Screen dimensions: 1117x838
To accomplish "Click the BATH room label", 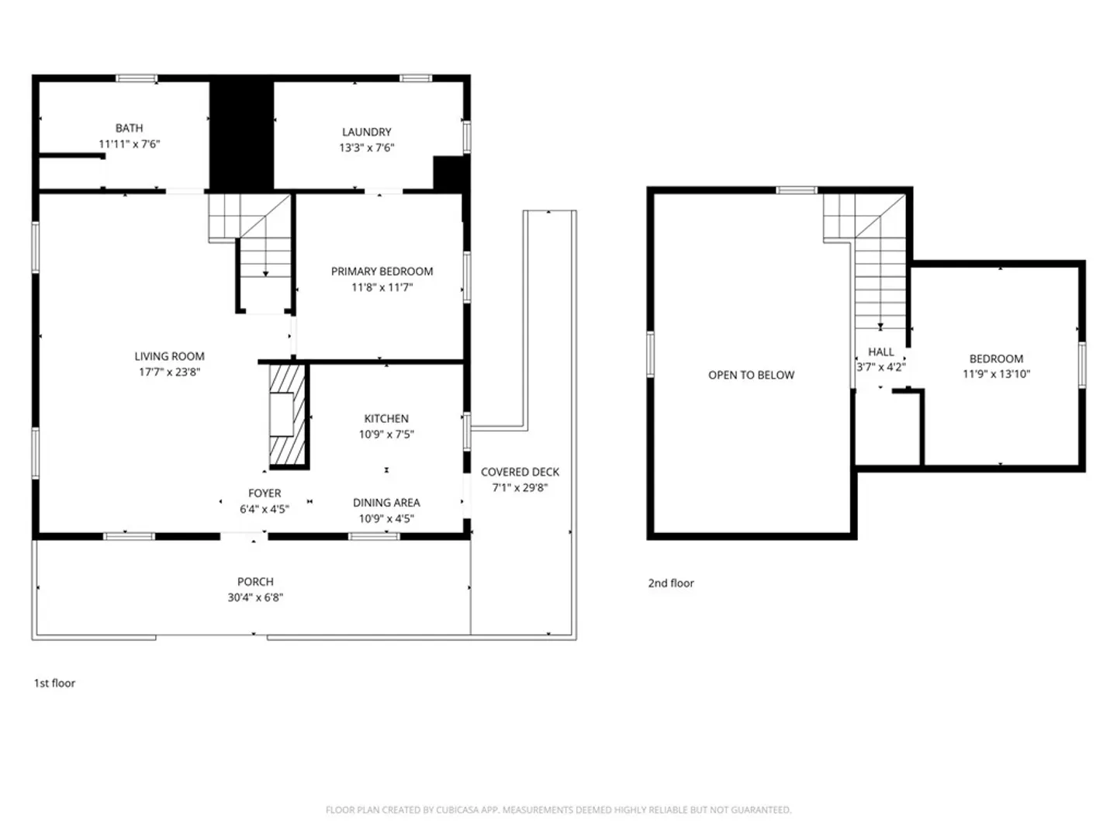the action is pyautogui.click(x=129, y=128).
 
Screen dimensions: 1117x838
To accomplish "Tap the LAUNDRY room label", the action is pyautogui.click(x=366, y=132).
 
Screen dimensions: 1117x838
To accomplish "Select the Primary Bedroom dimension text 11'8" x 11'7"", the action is pyautogui.click(x=382, y=287).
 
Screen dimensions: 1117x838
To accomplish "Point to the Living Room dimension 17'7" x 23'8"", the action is pyautogui.click(x=169, y=372).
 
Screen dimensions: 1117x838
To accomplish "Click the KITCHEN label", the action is pyautogui.click(x=386, y=419).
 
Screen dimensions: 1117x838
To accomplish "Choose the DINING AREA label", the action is pyautogui.click(x=386, y=503).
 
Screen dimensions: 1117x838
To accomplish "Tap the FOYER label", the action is pyautogui.click(x=264, y=493).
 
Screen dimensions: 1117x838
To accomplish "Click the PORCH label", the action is pyautogui.click(x=255, y=582).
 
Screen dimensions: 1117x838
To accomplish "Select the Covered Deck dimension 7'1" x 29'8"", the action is pyautogui.click(x=520, y=487).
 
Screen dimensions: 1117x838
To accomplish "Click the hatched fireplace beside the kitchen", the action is pyautogui.click(x=288, y=415).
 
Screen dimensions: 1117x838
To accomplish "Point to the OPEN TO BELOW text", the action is pyautogui.click(x=751, y=375).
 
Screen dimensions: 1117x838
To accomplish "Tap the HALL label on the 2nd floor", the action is pyautogui.click(x=881, y=351).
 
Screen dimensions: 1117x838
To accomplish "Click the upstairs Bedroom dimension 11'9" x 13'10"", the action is pyautogui.click(x=996, y=374).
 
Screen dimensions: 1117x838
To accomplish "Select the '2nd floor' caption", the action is pyautogui.click(x=671, y=583).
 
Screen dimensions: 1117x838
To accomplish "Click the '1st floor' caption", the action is pyautogui.click(x=54, y=683).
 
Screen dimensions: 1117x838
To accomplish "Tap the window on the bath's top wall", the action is pyautogui.click(x=137, y=78).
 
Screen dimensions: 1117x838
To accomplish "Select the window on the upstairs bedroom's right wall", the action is pyautogui.click(x=1082, y=365).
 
